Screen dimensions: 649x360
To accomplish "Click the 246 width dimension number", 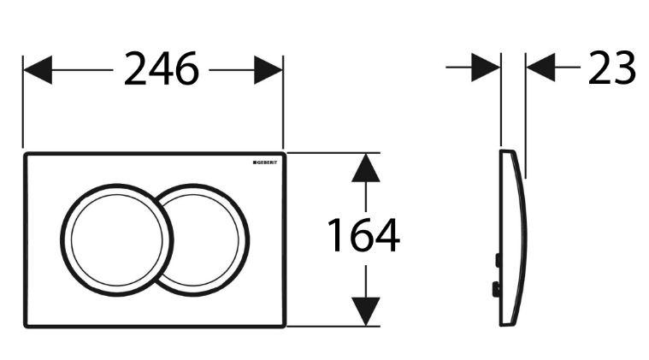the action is (x=162, y=68).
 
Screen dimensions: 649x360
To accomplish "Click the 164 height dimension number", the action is (x=363, y=235).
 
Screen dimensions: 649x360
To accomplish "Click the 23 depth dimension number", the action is (x=611, y=68).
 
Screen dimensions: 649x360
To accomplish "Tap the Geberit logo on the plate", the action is (x=265, y=162).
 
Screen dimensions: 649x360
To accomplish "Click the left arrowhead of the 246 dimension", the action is (x=38, y=70).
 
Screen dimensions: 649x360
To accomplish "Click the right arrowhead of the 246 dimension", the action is (x=268, y=70).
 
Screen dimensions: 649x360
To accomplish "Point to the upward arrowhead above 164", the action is (x=365, y=168).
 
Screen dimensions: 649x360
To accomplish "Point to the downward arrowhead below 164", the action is (x=365, y=311).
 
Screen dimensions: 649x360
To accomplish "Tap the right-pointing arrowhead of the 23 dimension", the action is (x=486, y=67).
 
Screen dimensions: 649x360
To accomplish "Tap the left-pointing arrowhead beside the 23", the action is (x=540, y=67).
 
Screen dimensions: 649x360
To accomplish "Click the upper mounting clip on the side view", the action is (x=498, y=260).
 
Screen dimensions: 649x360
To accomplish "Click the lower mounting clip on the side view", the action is (x=496, y=289).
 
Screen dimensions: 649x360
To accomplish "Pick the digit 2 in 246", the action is (x=136, y=68).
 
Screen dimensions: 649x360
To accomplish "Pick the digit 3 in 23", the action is (x=624, y=68).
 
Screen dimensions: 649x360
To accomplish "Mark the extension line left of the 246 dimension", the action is (x=23, y=102).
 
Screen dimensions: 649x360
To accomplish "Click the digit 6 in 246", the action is (x=187, y=68).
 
